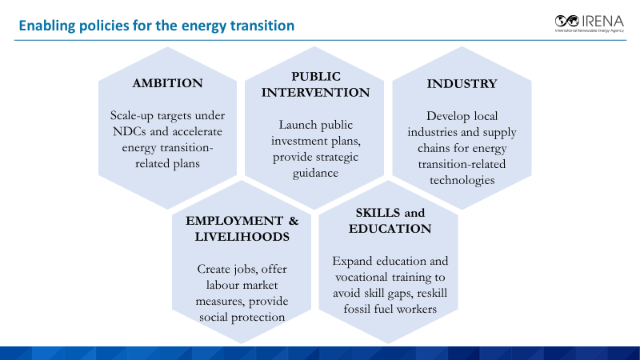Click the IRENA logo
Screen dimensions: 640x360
[590, 24]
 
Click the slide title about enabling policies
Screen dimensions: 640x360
[156, 26]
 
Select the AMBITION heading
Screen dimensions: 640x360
[167, 83]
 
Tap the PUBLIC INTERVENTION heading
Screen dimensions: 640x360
[315, 85]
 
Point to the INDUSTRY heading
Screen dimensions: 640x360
[462, 84]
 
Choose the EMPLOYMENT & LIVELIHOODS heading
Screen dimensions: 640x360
[242, 229]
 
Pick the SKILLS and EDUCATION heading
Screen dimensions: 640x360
[390, 221]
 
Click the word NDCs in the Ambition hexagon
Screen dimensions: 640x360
[130, 131]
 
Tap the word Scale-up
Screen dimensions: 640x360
[131, 116]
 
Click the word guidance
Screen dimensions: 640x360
[315, 173]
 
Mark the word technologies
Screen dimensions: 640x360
[462, 180]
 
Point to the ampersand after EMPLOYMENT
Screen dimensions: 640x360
[294, 221]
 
